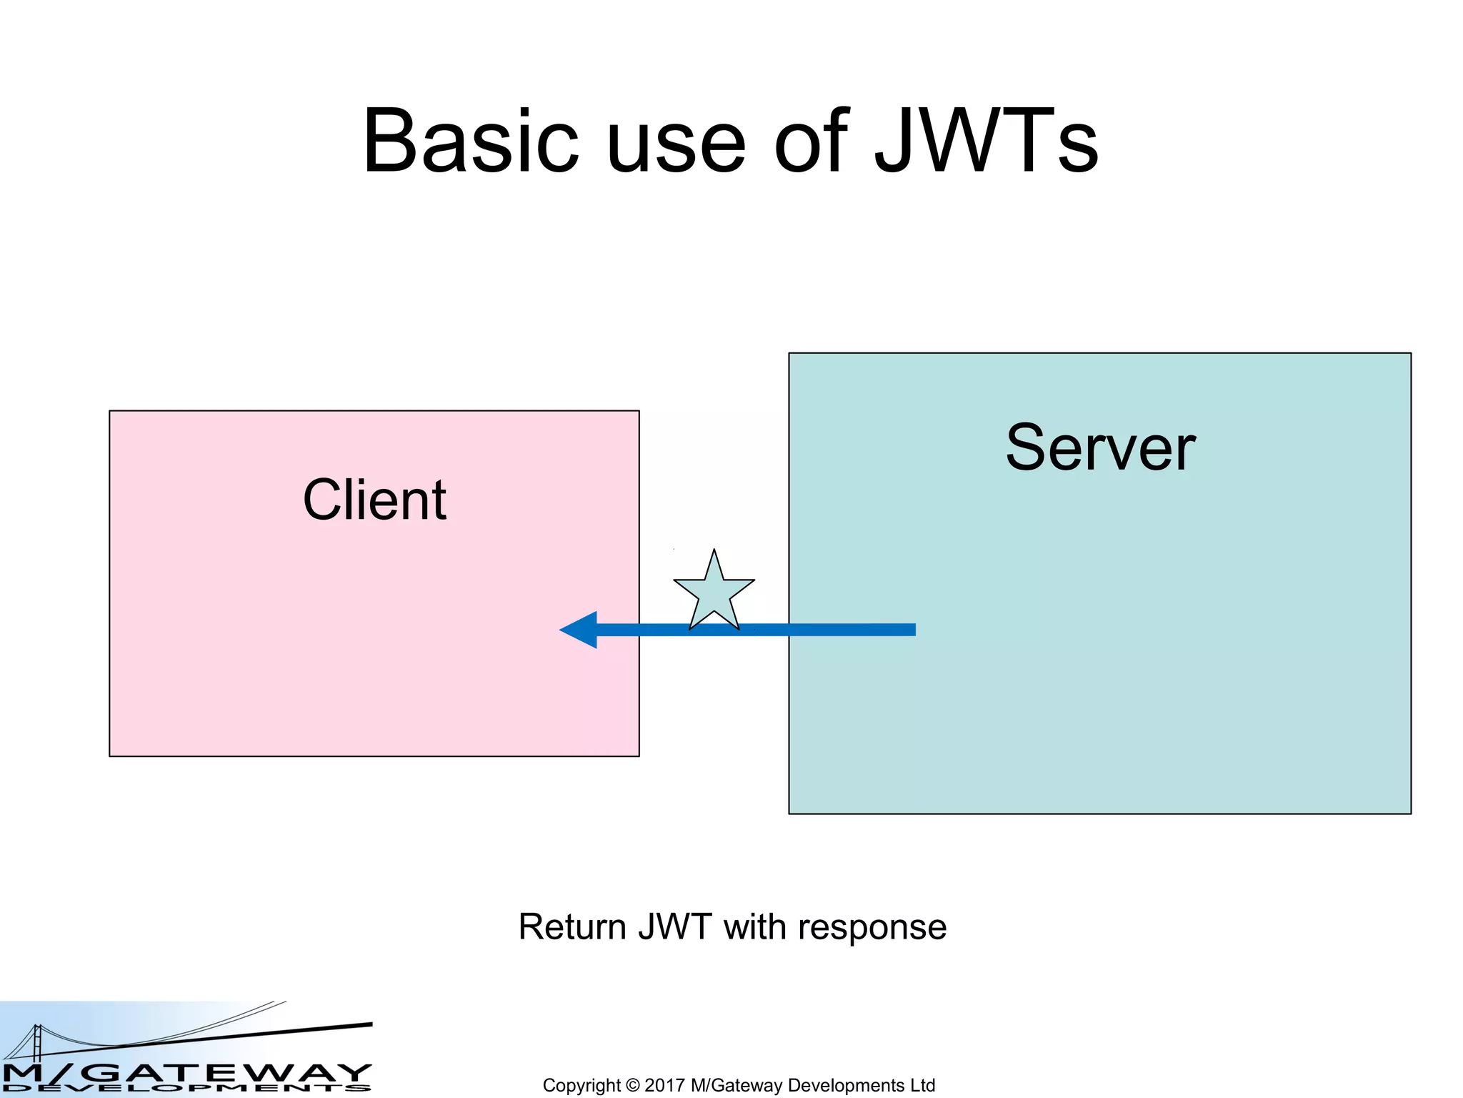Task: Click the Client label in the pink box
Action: point(374,500)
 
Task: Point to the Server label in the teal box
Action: point(1100,448)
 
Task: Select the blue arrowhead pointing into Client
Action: point(580,630)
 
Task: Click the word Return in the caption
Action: point(571,927)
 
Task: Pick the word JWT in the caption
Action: point(674,927)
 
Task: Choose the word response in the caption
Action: point(872,929)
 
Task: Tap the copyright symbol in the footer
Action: point(632,1085)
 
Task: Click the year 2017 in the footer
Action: point(664,1085)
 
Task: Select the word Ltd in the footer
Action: point(922,1085)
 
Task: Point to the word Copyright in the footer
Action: point(581,1086)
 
